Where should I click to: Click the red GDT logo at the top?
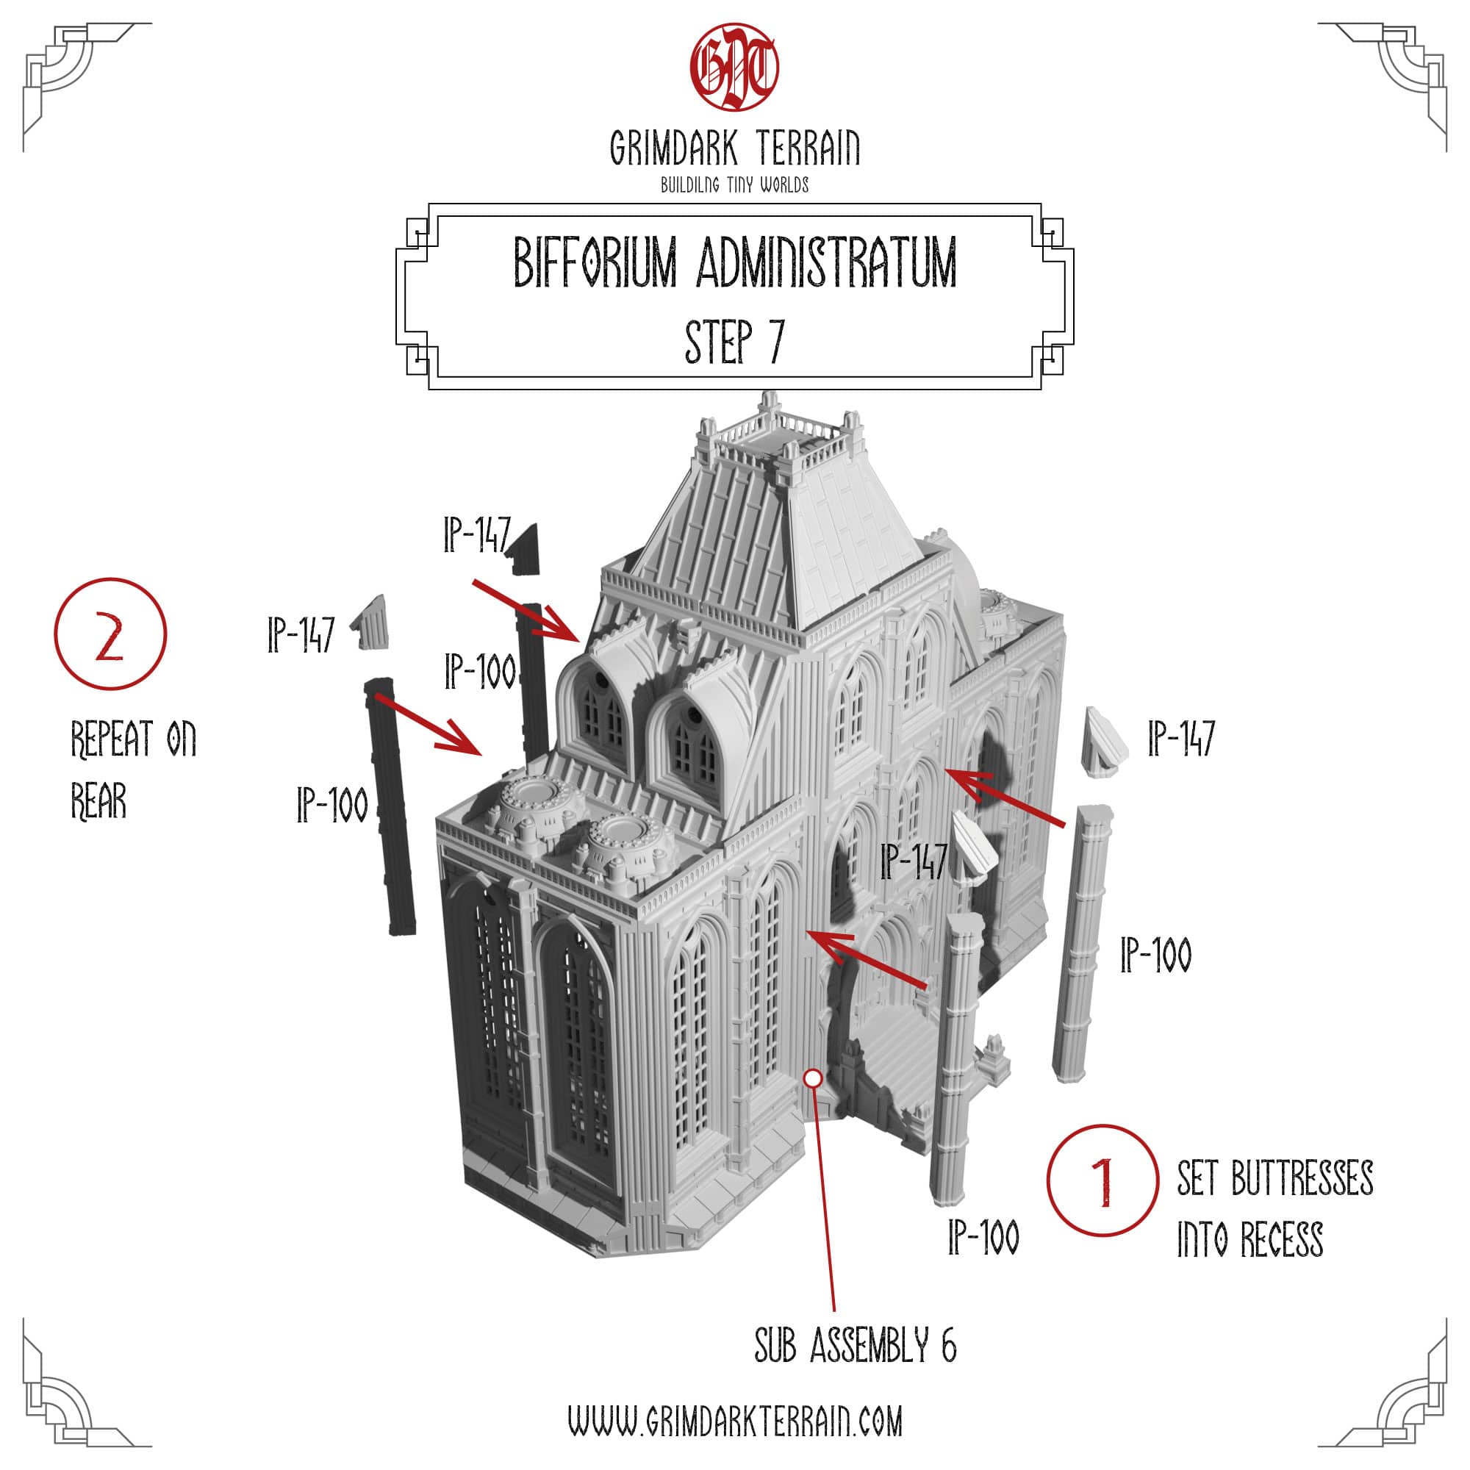[734, 67]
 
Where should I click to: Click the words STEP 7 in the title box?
[734, 342]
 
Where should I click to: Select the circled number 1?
[1102, 1180]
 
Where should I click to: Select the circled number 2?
[110, 634]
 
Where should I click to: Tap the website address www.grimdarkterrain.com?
[734, 1421]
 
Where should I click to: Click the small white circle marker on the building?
[813, 1078]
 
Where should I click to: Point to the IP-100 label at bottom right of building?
[983, 1236]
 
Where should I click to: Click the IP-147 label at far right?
[1181, 738]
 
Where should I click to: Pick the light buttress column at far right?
[1081, 944]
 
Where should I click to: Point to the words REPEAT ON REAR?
[133, 770]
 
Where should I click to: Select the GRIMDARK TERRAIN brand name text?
[734, 148]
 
